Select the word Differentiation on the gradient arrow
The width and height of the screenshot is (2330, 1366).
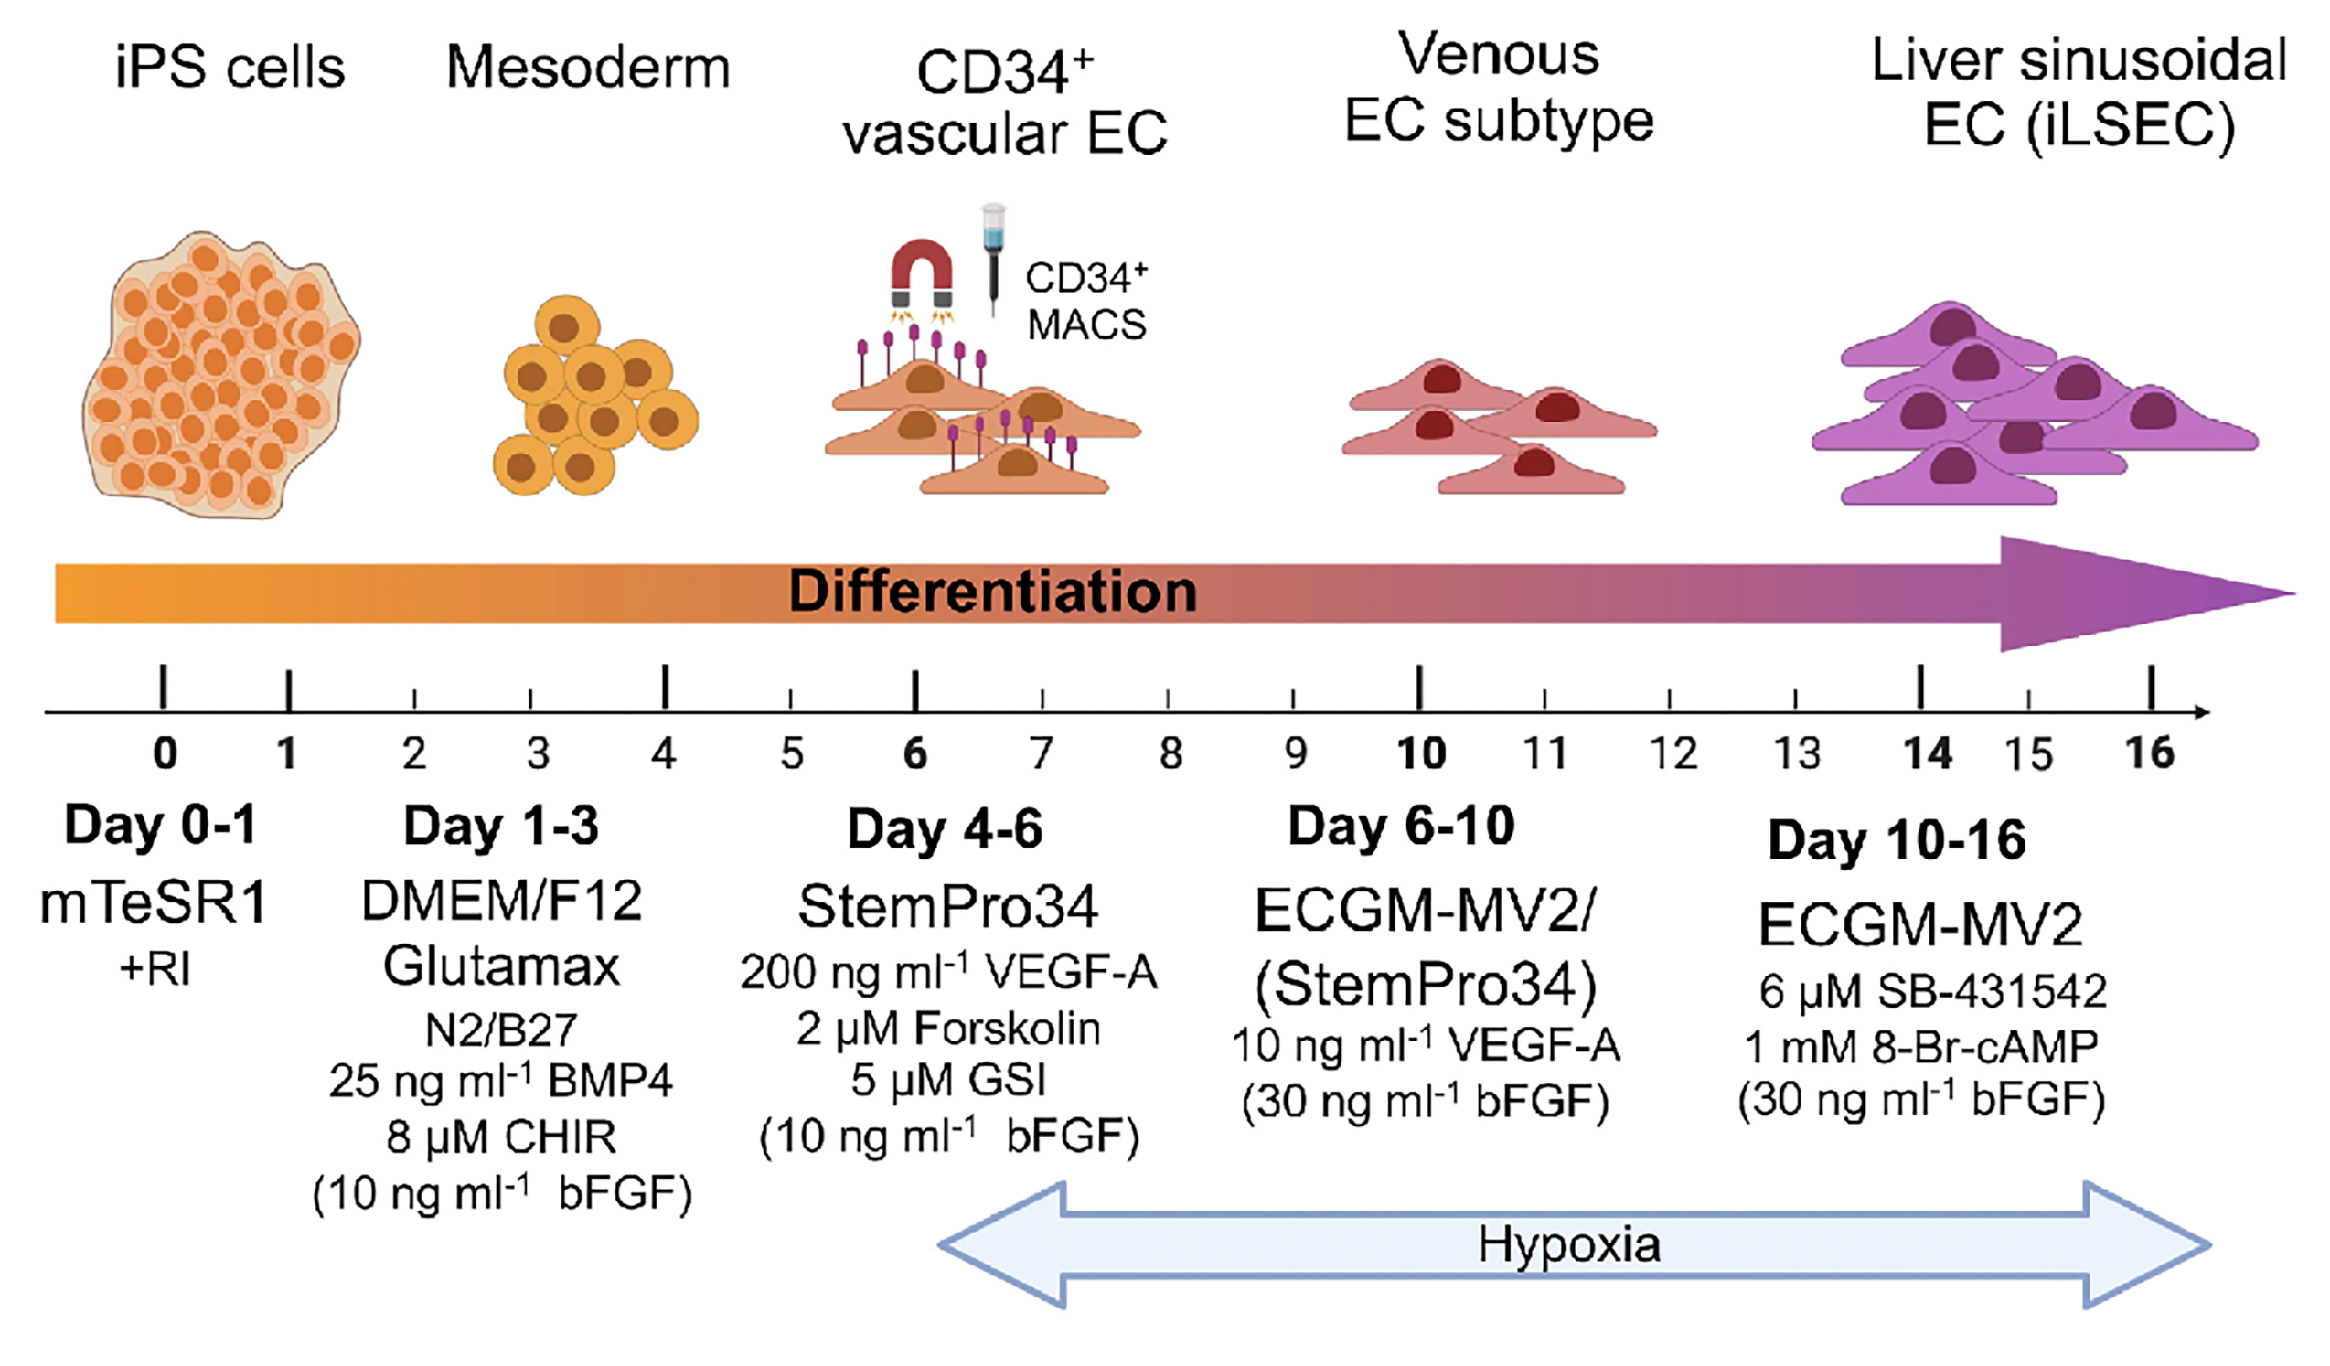point(992,592)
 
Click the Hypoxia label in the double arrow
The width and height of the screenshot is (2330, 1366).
point(1569,1244)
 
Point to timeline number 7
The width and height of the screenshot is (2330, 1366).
point(1042,753)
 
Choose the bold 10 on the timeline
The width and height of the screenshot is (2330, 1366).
point(1421,753)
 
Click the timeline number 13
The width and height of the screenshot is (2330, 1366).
point(1797,753)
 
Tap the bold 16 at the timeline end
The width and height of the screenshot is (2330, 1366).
point(2150,753)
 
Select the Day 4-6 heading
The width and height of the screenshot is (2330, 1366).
point(945,828)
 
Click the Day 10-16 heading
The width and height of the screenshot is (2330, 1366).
point(1897,839)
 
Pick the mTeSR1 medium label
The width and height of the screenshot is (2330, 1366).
point(154,903)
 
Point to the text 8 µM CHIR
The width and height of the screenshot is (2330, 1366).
point(501,1137)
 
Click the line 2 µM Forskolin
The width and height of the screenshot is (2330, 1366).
point(948,1029)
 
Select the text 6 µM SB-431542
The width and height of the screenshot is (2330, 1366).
point(1932,991)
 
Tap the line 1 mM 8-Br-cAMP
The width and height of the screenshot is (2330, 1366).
point(1921,1046)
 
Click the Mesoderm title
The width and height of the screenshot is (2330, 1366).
point(588,68)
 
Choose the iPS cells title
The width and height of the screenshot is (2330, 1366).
point(230,68)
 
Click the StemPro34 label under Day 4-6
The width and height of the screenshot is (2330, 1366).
point(948,907)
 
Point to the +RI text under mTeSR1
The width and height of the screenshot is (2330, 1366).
point(155,969)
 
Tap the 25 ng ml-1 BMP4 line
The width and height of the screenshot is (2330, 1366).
point(501,1082)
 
